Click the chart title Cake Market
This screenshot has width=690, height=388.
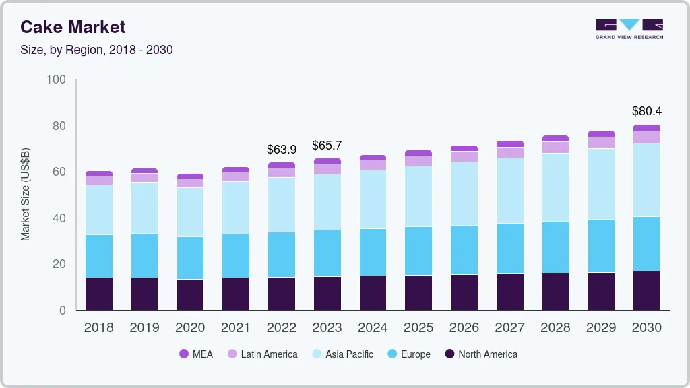tap(73, 27)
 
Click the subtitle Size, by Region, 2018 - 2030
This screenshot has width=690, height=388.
tap(96, 50)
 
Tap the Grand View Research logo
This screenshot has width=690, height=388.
tap(629, 28)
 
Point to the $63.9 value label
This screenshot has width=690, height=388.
tap(281, 149)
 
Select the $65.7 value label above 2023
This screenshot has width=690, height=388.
tap(327, 145)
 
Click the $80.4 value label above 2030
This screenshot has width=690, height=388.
tap(646, 111)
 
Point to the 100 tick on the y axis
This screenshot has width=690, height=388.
tap(57, 80)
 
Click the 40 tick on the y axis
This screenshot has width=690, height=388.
tap(59, 218)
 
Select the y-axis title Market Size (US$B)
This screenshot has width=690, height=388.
tap(26, 195)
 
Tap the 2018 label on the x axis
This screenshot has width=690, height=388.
tap(98, 328)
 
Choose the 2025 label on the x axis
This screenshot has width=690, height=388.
tap(418, 328)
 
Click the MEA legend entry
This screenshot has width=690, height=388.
tap(195, 354)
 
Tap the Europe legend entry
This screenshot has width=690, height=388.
tap(408, 354)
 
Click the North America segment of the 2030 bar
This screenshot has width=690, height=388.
tap(647, 290)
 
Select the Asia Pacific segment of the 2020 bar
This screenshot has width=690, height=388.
tap(190, 212)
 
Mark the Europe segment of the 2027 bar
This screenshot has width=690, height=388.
tap(510, 249)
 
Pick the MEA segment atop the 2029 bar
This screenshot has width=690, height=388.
tap(601, 134)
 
